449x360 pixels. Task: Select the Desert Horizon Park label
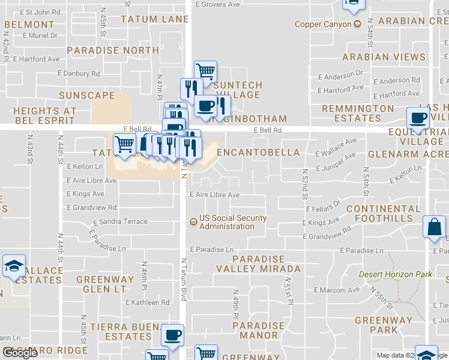pyautogui.click(x=395, y=274)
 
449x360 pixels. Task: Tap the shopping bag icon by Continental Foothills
pyautogui.click(x=434, y=228)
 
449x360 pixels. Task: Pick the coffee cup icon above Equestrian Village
pyautogui.click(x=418, y=118)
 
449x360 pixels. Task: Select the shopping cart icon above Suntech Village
pyautogui.click(x=205, y=71)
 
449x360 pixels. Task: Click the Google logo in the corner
pyautogui.click(x=20, y=353)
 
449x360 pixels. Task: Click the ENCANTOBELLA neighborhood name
pyautogui.click(x=258, y=152)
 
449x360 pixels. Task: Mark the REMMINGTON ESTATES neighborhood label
pyautogui.click(x=358, y=113)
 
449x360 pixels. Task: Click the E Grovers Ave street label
pyautogui.click(x=218, y=4)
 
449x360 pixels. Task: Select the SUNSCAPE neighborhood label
pyautogui.click(x=87, y=95)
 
